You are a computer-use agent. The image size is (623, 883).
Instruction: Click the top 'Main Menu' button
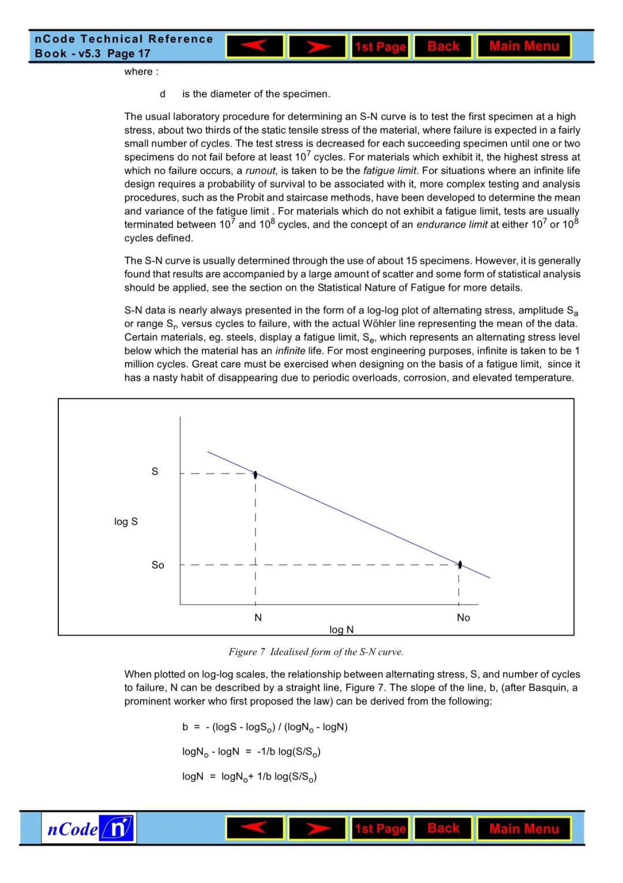[524, 46]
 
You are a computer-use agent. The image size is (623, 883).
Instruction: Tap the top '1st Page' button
[380, 47]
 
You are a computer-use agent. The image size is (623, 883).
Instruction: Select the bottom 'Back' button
[443, 828]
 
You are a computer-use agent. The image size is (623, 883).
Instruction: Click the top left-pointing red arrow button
[255, 46]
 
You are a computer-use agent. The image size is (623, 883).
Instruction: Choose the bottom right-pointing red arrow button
[317, 828]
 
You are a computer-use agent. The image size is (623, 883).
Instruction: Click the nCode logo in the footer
[89, 829]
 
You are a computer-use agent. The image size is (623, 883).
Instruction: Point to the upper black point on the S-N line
[256, 475]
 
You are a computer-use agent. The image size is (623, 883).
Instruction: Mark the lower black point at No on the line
[460, 564]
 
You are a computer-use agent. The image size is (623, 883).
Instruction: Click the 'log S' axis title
[126, 521]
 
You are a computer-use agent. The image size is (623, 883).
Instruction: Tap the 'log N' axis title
[341, 629]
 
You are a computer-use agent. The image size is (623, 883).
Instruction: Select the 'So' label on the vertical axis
[157, 565]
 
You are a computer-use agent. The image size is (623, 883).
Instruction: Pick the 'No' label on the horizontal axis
[463, 617]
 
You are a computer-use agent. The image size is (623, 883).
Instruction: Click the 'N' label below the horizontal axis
[258, 617]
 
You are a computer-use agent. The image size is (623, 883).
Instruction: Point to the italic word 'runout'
[260, 171]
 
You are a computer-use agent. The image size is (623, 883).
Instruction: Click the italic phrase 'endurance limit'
[452, 225]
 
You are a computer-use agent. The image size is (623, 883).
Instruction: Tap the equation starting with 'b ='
[265, 727]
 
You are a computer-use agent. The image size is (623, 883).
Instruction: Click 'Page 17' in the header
[129, 54]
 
